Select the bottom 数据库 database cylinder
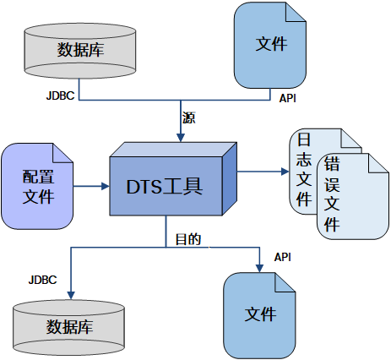[x=70, y=326]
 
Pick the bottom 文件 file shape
[x=260, y=314]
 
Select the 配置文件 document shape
[x=38, y=187]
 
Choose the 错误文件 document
[x=342, y=199]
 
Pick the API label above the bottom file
[x=283, y=257]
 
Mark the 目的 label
[x=187, y=239]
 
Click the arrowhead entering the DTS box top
[x=182, y=137]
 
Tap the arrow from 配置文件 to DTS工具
[x=93, y=186]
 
